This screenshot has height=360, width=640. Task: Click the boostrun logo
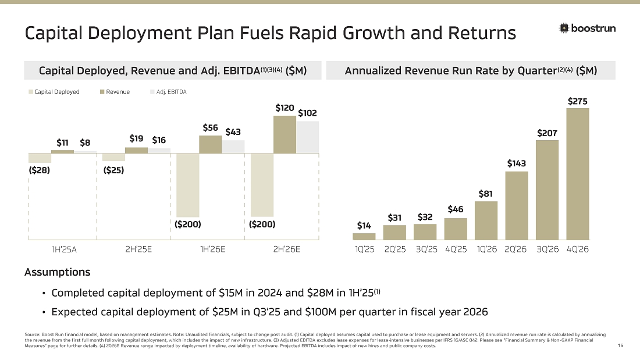587,28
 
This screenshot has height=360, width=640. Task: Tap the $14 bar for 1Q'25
364,236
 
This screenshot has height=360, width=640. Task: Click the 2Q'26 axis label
516,250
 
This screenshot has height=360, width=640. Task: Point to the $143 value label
516,163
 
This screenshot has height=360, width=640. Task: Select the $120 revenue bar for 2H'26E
285,134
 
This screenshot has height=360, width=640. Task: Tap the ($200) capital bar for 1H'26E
187,185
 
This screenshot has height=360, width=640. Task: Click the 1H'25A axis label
65,250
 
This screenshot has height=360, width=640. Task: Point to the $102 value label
307,113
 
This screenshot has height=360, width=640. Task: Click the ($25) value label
113,170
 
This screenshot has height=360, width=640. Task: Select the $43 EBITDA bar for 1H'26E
233,147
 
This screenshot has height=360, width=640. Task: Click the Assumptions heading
57,272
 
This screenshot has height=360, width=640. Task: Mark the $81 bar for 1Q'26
486,220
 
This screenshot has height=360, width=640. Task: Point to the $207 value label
547,133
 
